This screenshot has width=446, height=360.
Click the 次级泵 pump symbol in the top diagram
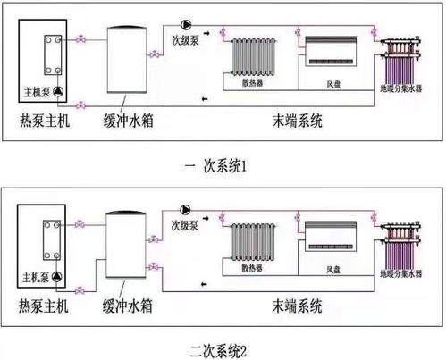click(x=186, y=25)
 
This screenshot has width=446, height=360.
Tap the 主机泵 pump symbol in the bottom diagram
click(x=57, y=277)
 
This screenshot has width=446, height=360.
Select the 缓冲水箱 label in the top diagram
click(x=129, y=121)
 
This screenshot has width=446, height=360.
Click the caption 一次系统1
click(x=216, y=166)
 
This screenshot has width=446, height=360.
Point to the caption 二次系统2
click(x=218, y=351)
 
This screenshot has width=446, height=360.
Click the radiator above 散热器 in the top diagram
click(x=253, y=57)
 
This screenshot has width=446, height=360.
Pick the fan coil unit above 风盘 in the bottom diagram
click(x=331, y=236)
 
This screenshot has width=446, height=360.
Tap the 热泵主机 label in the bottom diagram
click(x=44, y=306)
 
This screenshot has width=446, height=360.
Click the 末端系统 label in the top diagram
click(x=298, y=121)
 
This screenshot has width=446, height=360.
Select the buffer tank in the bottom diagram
click(x=126, y=245)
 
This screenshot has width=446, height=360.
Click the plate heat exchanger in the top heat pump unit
click(x=53, y=55)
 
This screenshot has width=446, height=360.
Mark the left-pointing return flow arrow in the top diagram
click(x=205, y=99)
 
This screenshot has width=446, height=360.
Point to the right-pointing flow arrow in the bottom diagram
click(x=206, y=218)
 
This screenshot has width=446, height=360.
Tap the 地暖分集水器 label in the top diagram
click(x=401, y=88)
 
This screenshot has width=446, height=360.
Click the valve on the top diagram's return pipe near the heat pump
click(x=80, y=105)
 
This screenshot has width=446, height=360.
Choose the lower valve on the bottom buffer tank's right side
click(x=153, y=266)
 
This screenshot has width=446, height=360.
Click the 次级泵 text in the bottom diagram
click(x=185, y=226)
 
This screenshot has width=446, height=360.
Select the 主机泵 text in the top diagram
click(x=37, y=92)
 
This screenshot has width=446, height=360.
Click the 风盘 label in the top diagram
click(x=333, y=84)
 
